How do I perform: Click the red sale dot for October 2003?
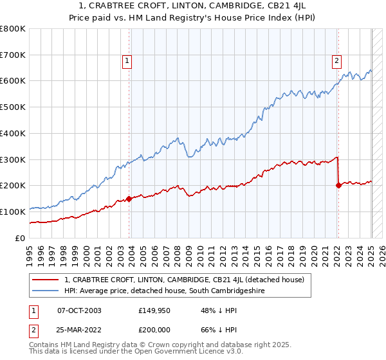(129, 199)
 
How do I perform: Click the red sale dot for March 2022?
(338, 185)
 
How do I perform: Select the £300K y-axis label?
(14, 159)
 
